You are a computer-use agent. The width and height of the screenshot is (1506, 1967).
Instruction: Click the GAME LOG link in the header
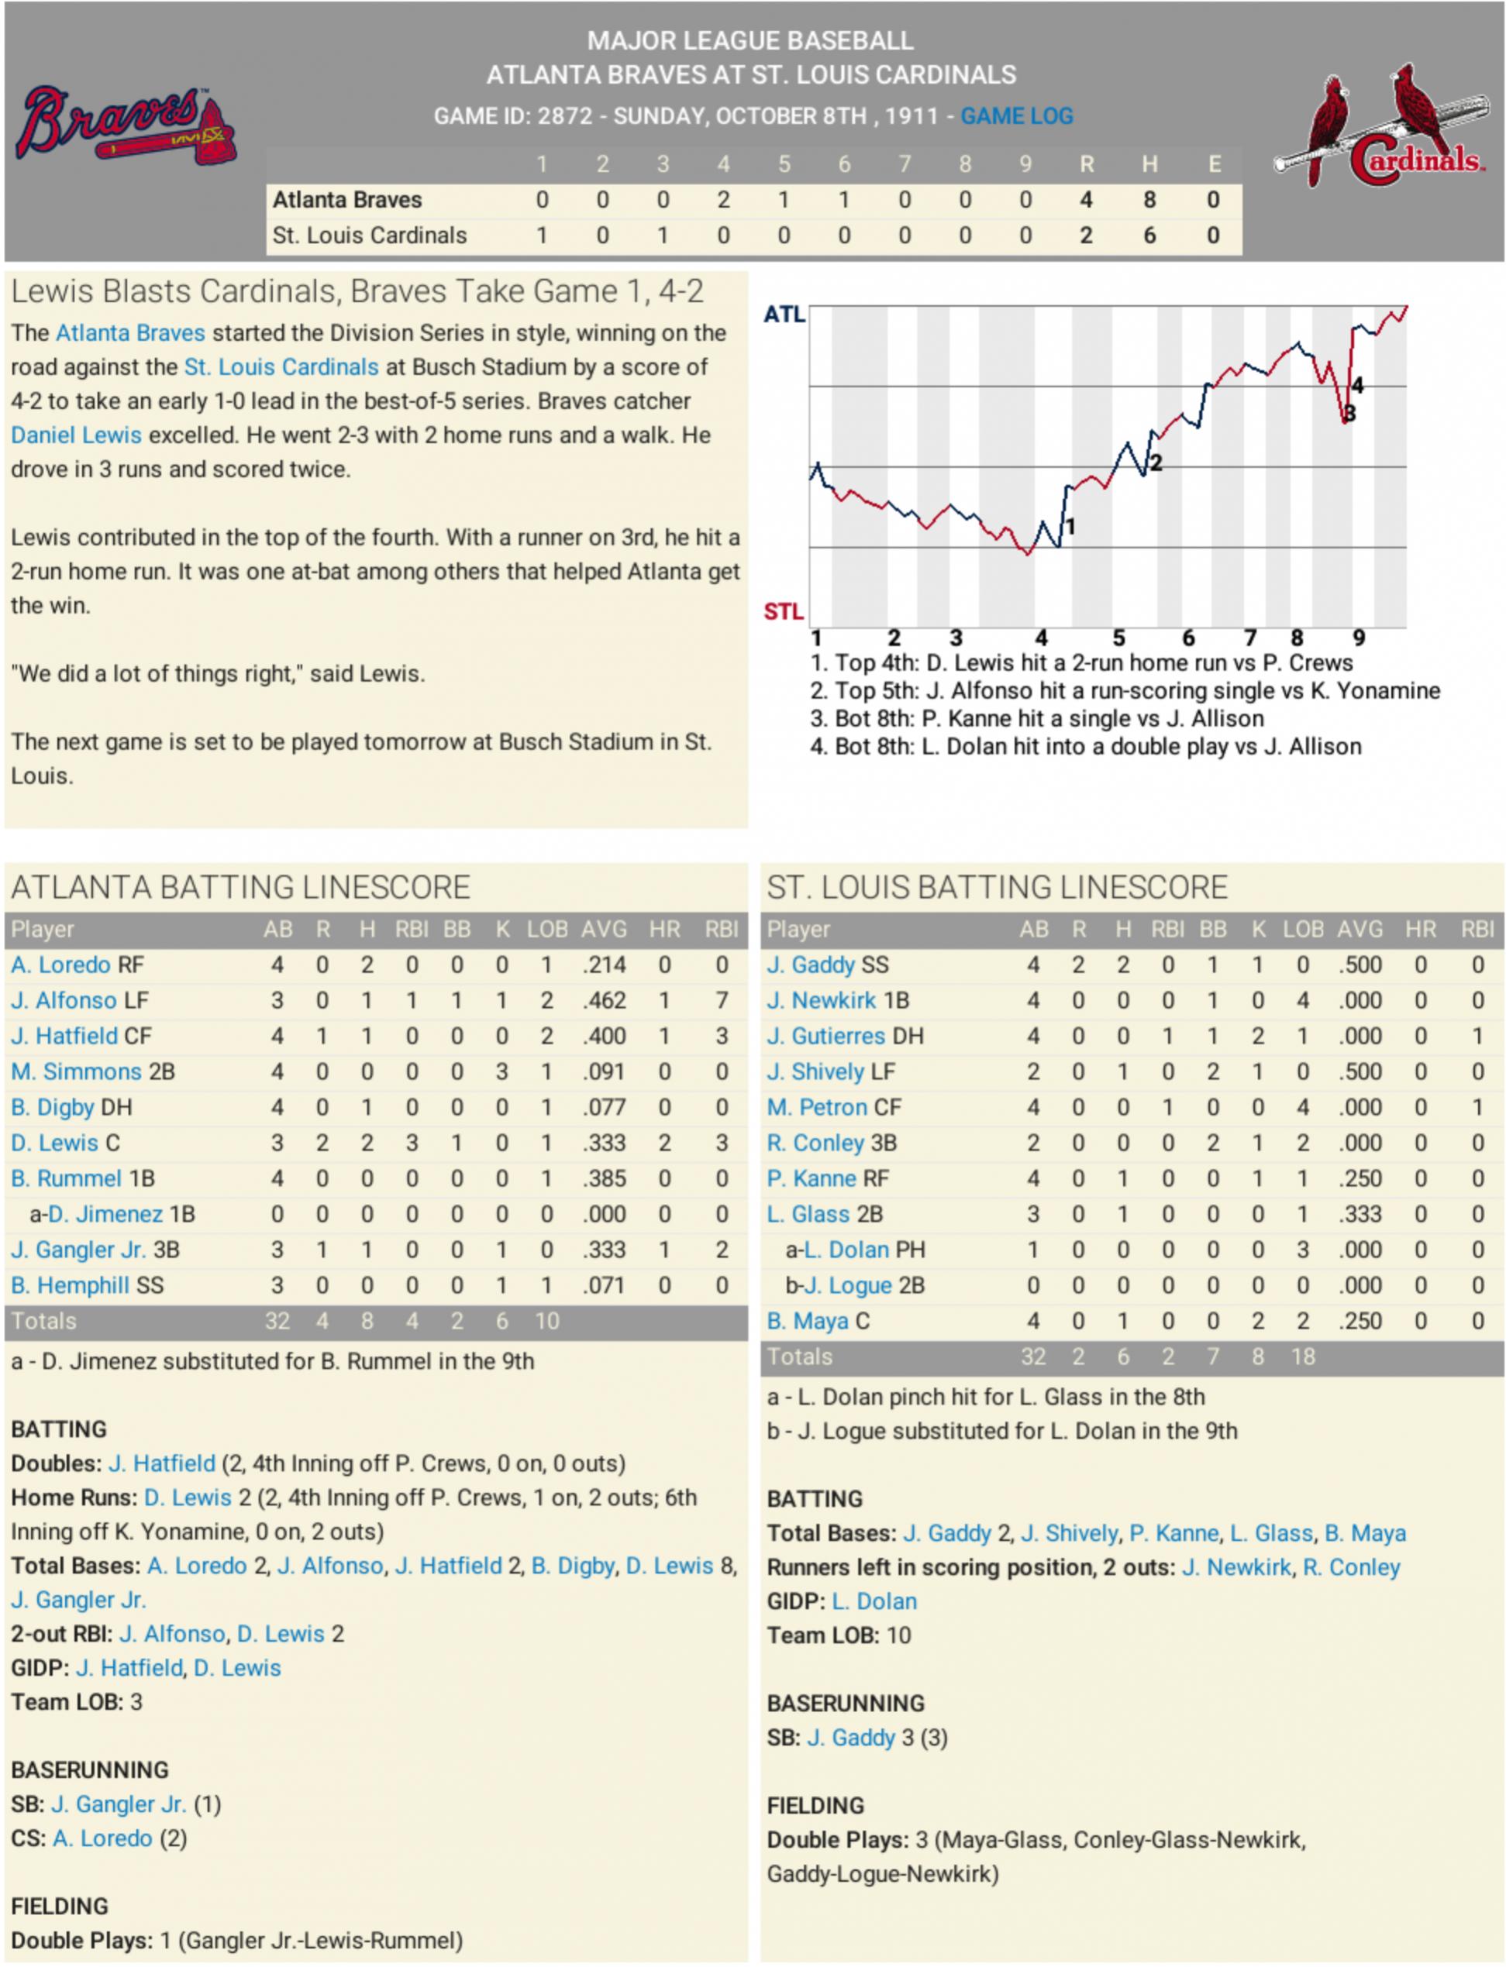1017,116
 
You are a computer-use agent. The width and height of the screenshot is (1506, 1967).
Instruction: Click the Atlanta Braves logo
126,126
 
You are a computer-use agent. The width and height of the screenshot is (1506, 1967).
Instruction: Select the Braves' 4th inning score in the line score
722,200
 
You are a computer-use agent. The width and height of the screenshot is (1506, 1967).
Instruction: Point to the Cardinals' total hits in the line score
1149,236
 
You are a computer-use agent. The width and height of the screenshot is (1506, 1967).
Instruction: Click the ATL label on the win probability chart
784,315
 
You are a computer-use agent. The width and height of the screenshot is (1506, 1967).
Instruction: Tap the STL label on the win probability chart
784,611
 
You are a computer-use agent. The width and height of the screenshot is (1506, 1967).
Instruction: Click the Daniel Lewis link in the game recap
76,435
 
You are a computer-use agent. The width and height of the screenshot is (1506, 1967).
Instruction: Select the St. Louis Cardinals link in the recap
281,367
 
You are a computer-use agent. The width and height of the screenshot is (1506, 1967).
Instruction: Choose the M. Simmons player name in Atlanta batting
76,1071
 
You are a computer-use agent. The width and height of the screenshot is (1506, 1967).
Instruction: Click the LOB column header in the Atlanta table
546,930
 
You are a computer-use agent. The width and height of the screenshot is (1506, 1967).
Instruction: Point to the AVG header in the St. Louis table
1360,930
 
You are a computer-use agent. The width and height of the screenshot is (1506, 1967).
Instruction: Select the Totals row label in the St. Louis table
800,1357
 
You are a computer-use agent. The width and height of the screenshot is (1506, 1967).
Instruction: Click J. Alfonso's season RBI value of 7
722,1000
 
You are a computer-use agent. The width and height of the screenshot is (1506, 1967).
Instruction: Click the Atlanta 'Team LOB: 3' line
76,1702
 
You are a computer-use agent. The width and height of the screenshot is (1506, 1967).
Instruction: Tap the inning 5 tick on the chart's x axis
1118,638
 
